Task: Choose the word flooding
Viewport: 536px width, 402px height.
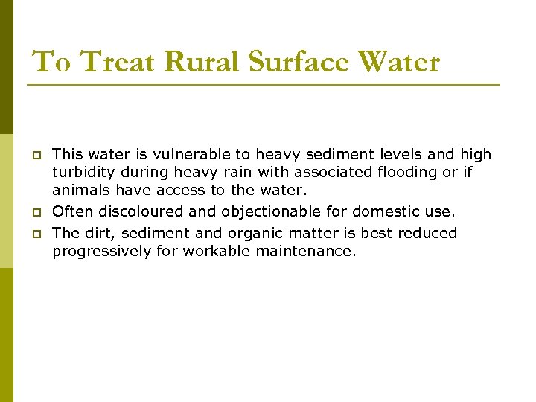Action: pyautogui.click(x=404, y=172)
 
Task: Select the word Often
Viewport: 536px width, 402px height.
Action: pyautogui.click(x=72, y=212)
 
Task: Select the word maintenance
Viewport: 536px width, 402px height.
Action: pyautogui.click(x=306, y=251)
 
